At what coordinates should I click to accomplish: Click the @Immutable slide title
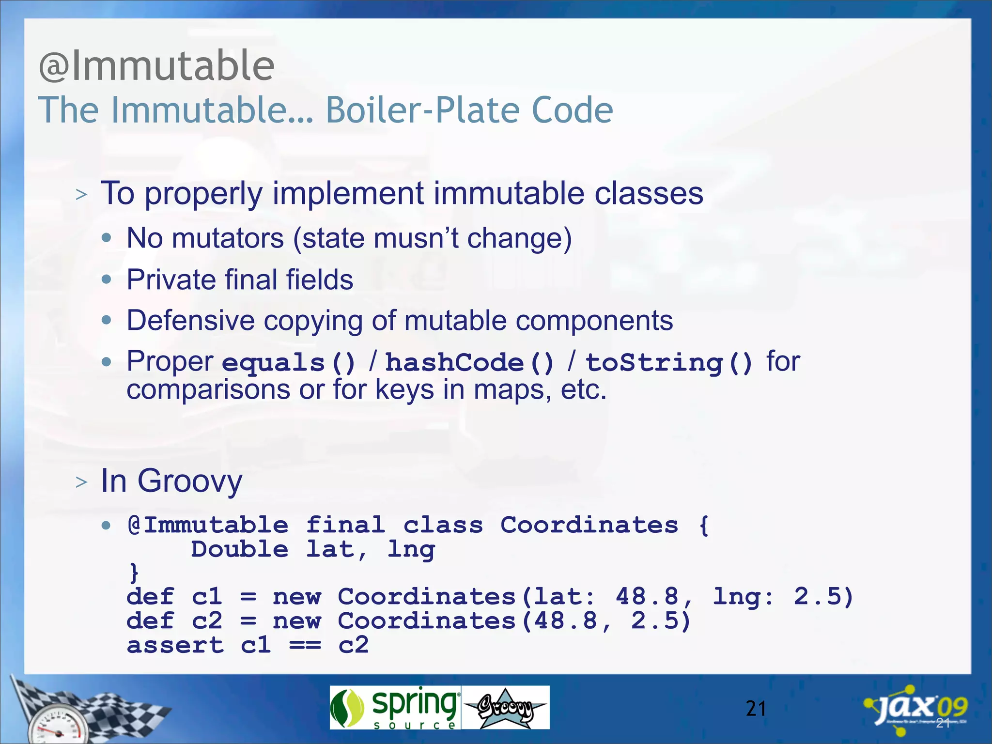[x=156, y=66]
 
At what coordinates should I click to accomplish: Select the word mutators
[x=227, y=238]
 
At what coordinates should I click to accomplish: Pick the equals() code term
[x=289, y=363]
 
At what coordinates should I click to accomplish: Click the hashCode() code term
[x=469, y=363]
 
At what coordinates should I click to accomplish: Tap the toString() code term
[x=669, y=363]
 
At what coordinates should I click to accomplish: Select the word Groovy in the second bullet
[x=189, y=481]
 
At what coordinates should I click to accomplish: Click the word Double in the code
[x=239, y=550]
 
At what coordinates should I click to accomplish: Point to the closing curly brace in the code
[x=134, y=573]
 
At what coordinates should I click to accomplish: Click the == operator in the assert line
[x=305, y=645]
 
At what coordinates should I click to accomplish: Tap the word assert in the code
[x=175, y=645]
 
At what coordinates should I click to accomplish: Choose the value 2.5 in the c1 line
[x=821, y=597]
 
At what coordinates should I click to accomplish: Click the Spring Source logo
[x=395, y=708]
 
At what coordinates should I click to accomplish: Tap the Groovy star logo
[x=505, y=708]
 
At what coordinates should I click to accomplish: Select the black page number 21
[x=756, y=709]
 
